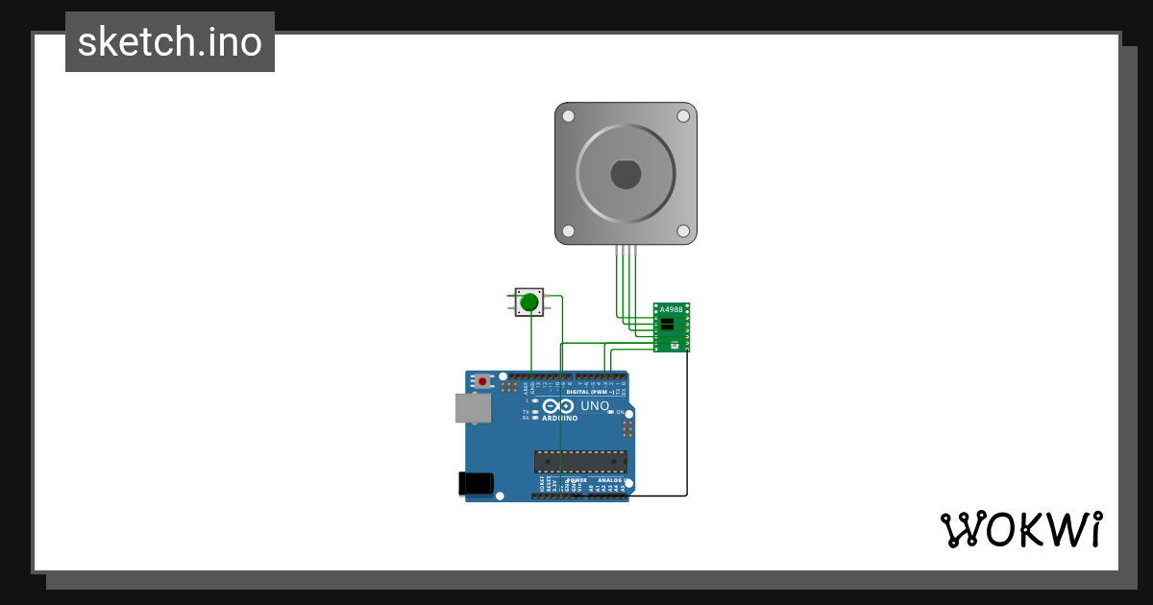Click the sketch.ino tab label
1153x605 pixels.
170,42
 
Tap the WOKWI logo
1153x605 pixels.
1020,529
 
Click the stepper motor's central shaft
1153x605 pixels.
626,174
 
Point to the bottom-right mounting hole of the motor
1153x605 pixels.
683,230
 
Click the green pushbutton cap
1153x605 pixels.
528,302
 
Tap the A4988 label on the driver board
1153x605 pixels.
671,309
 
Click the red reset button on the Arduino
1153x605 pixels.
481,381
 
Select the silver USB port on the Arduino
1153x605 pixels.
472,408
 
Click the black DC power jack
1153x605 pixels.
477,483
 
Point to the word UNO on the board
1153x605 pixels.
595,406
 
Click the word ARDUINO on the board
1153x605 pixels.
559,419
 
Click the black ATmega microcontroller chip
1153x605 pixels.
580,461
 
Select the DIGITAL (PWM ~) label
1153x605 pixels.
591,392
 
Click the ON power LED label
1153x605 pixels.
620,412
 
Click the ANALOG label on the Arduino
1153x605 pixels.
610,480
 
